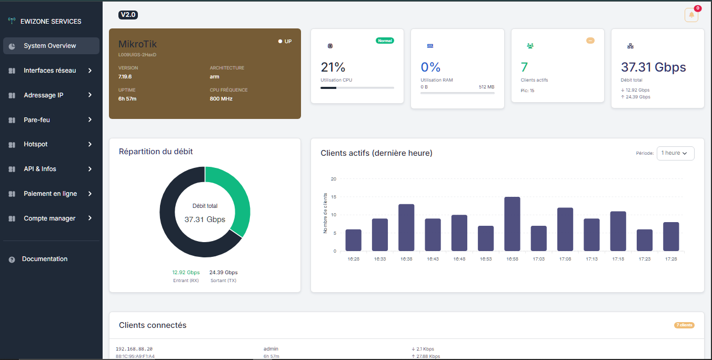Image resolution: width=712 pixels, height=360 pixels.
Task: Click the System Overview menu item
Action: (x=50, y=46)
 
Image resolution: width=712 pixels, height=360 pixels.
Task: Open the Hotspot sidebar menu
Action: (x=36, y=144)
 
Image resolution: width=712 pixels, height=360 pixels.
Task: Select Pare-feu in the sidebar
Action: (x=37, y=119)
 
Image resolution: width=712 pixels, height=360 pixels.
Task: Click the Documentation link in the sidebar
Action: (x=45, y=259)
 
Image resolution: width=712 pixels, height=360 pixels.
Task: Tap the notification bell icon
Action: (x=691, y=15)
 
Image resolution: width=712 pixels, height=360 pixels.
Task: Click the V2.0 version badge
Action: (x=128, y=15)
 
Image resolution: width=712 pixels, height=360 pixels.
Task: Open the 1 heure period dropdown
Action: (x=675, y=153)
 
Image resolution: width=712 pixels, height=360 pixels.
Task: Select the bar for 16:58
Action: (x=512, y=224)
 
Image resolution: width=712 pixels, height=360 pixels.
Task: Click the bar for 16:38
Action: (x=406, y=227)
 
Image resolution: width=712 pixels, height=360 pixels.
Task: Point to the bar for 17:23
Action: (x=644, y=240)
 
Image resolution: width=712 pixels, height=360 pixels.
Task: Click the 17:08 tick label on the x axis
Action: (x=565, y=259)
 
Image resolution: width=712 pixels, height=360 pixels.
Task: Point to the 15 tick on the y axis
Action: (x=334, y=197)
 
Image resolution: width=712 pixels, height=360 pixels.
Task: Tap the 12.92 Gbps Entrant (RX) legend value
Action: (x=186, y=273)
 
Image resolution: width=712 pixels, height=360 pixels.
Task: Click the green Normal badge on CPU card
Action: (x=385, y=41)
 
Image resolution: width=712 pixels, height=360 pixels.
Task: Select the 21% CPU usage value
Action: (x=333, y=67)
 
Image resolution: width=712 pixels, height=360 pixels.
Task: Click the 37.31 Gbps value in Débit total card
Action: (x=654, y=67)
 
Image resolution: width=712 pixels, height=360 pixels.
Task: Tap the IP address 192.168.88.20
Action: (x=134, y=349)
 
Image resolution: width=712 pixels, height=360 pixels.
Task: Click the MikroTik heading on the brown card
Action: (x=137, y=44)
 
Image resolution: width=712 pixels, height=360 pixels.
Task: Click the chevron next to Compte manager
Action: (x=90, y=218)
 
